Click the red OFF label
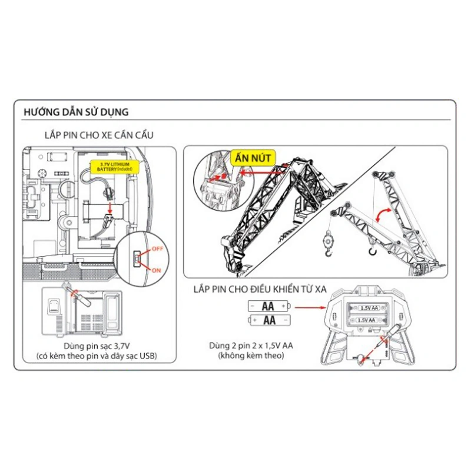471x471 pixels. click(x=157, y=249)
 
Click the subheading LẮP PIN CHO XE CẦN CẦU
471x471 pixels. click(x=99, y=135)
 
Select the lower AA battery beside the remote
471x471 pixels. click(x=270, y=320)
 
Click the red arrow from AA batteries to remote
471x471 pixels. click(x=311, y=307)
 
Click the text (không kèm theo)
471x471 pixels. click(x=251, y=356)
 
